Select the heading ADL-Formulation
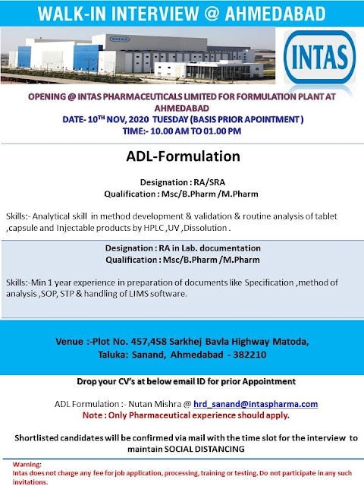click(181, 157)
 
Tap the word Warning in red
click(17, 464)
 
